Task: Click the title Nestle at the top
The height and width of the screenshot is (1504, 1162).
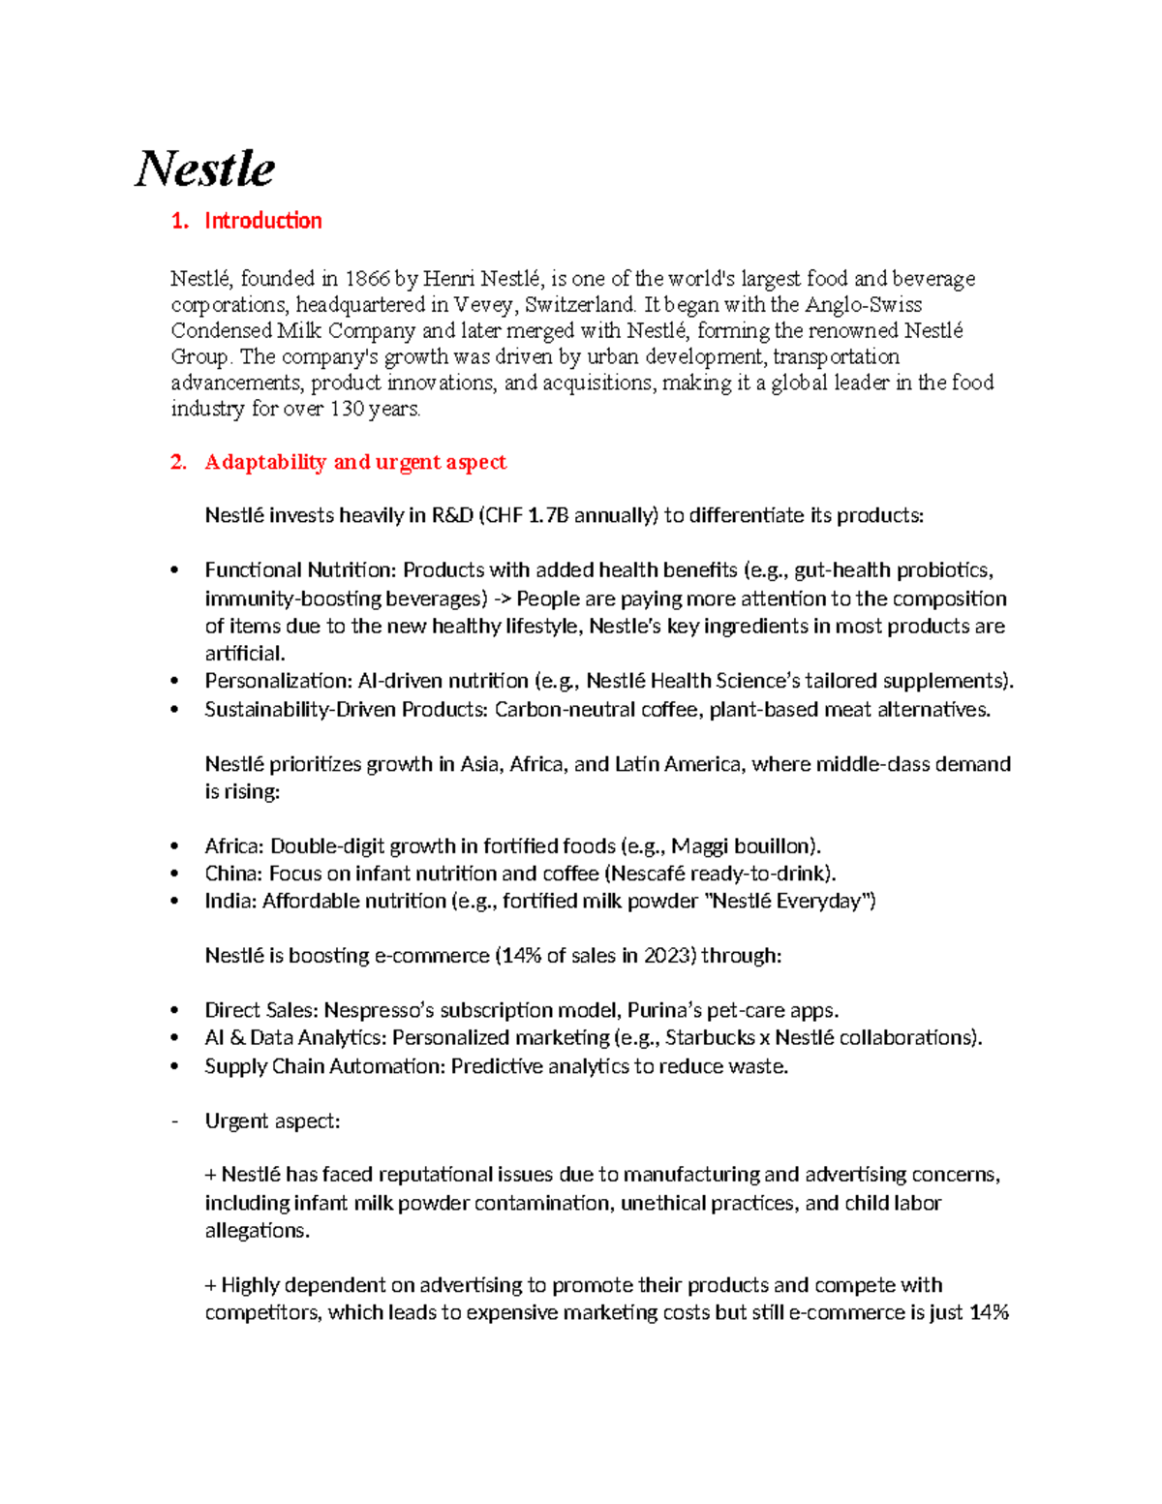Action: point(204,169)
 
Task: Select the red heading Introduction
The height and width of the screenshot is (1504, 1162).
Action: point(262,221)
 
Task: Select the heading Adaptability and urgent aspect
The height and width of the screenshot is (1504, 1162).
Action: point(354,462)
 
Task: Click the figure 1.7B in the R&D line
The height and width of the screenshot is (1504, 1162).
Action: point(548,515)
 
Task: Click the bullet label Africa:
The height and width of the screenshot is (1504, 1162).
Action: point(234,846)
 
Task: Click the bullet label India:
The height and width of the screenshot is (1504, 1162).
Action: point(230,902)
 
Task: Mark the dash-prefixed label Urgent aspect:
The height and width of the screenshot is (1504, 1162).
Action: point(272,1121)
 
